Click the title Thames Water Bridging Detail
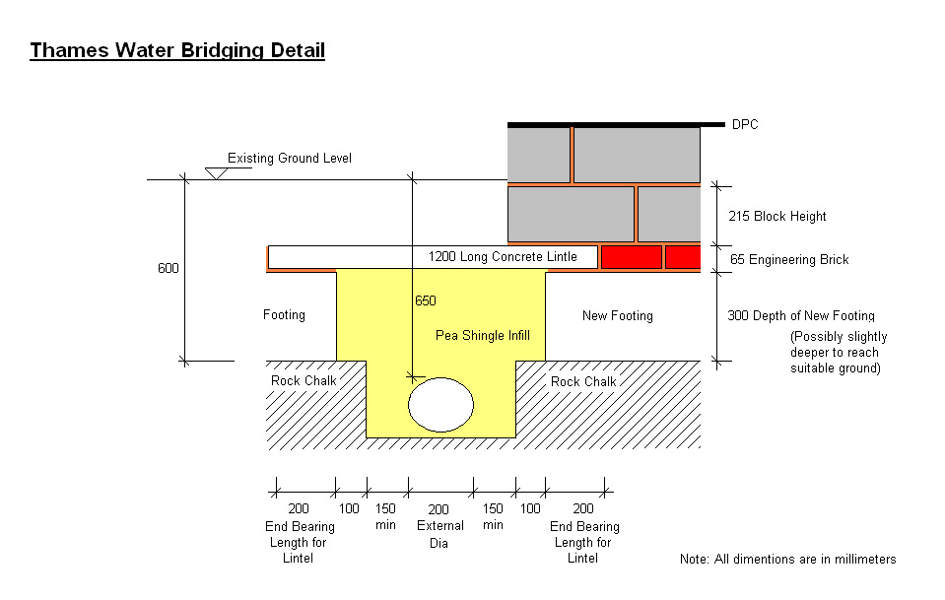(x=177, y=50)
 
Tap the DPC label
(x=745, y=125)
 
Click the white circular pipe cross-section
(x=441, y=405)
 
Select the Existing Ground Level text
(x=290, y=158)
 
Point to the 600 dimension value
(x=169, y=268)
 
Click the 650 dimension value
(x=426, y=300)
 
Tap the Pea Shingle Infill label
(x=483, y=336)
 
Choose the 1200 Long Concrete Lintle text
(x=503, y=256)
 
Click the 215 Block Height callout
(x=776, y=217)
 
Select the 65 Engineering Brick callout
(x=789, y=260)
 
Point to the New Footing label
(x=618, y=315)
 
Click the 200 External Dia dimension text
(x=439, y=526)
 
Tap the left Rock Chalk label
(x=304, y=380)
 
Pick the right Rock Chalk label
(x=583, y=381)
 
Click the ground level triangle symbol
(x=217, y=173)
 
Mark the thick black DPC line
(x=616, y=125)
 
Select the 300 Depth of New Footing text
(x=801, y=315)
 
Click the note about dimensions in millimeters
(x=787, y=559)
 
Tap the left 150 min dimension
(x=385, y=516)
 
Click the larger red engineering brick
(x=632, y=257)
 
